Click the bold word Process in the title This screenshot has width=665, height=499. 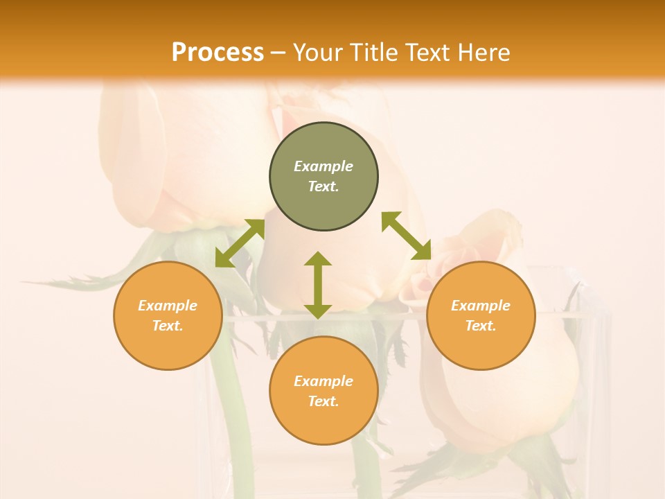point(218,53)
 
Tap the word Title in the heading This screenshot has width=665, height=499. point(377,53)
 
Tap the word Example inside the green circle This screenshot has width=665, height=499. point(323,166)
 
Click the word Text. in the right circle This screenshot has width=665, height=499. point(481,326)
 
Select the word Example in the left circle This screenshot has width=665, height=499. point(168,306)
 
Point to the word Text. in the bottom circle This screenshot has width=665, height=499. point(323,401)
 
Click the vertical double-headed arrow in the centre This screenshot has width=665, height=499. point(318,285)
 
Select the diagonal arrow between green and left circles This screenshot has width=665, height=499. point(240,243)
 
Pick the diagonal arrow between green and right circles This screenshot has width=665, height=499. point(406,236)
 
